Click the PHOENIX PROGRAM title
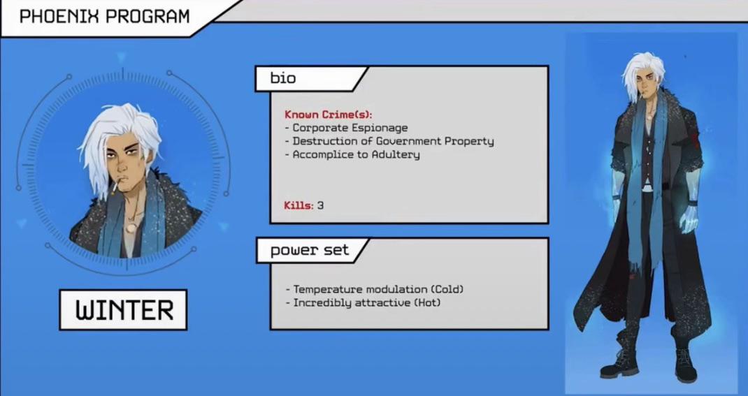pos(104,17)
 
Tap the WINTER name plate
pos(123,310)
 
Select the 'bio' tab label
pos(283,78)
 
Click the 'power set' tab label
pos(309,250)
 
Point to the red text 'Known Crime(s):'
pos(328,115)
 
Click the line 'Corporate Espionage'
pos(350,128)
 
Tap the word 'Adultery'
pos(396,154)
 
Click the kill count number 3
pos(321,205)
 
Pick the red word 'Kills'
pos(299,205)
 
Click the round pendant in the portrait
pos(130,228)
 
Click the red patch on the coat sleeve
pos(694,139)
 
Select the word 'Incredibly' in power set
pos(322,302)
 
